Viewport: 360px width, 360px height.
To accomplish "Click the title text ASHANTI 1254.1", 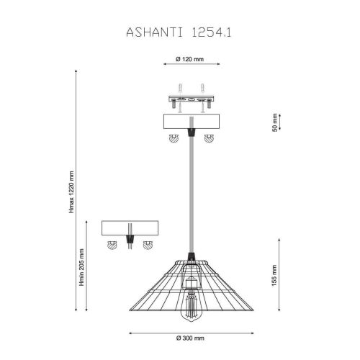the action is click(179, 32).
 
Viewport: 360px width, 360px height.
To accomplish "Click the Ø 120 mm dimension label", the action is click(189, 59).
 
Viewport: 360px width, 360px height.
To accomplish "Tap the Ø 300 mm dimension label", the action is click(190, 338).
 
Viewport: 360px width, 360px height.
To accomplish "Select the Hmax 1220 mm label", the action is click(71, 192).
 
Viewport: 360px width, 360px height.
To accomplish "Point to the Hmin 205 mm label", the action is click(82, 267).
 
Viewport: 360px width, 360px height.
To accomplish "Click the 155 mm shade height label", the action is click(274, 275).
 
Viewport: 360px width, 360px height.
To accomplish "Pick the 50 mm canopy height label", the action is click(275, 122).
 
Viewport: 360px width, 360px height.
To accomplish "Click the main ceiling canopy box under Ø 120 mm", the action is click(192, 122).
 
